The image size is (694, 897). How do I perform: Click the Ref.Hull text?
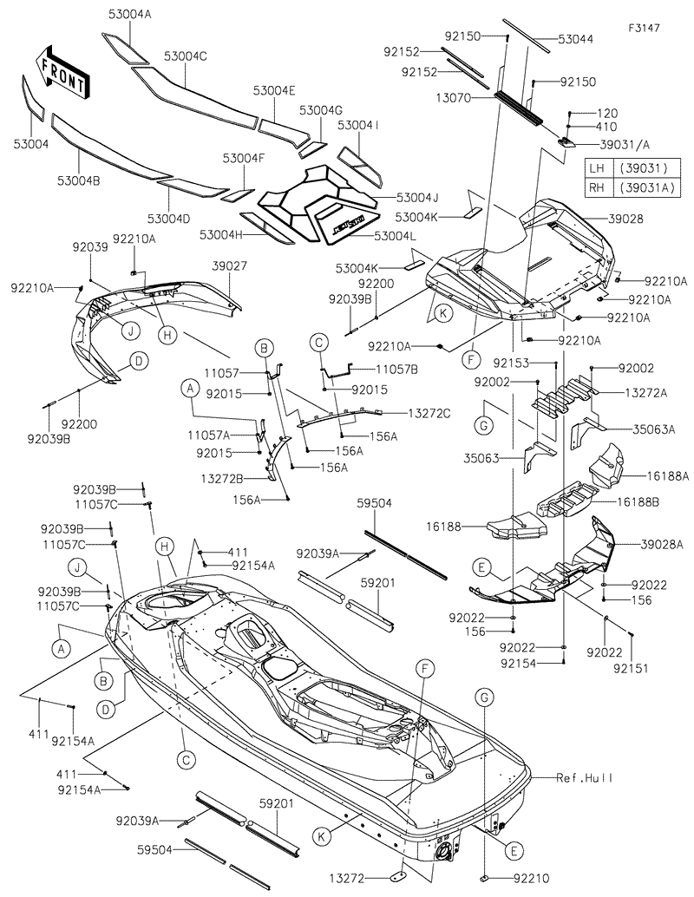[584, 778]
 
